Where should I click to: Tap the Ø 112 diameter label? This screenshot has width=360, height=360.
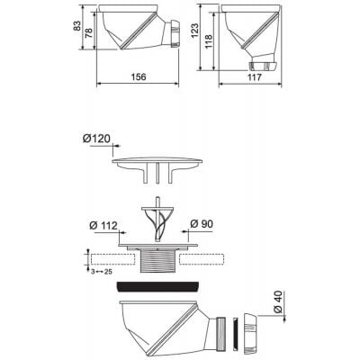(103, 223)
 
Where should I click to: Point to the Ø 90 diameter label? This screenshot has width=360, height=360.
(201, 223)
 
